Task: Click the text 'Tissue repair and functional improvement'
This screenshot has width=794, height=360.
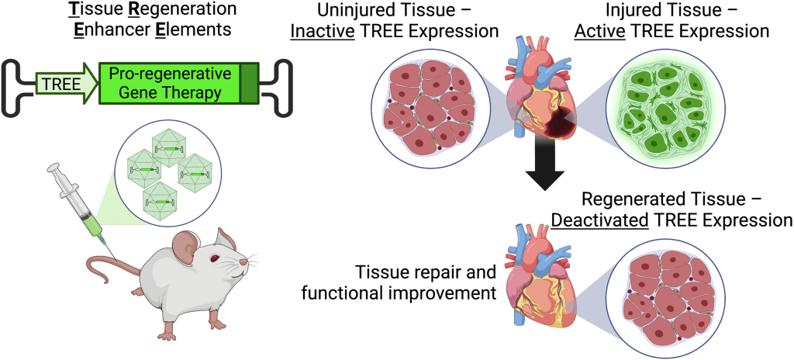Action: (425, 282)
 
